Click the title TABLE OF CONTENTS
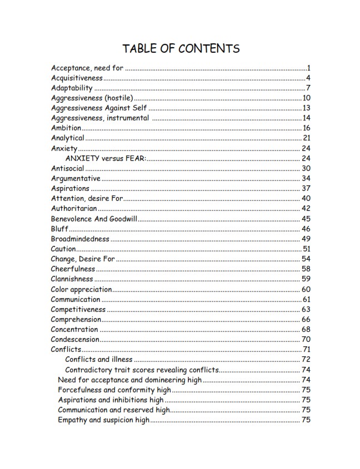181,48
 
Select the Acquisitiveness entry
77,78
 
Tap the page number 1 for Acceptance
308,68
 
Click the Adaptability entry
72,88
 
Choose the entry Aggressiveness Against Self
99,108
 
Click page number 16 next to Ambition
306,128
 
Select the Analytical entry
68,138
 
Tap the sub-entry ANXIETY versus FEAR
106,158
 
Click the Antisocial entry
68,168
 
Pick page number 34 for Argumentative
306,178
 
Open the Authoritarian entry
74,208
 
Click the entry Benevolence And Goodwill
94,219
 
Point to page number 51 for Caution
306,249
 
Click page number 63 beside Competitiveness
306,309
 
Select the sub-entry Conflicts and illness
99,360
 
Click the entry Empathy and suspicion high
103,420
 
